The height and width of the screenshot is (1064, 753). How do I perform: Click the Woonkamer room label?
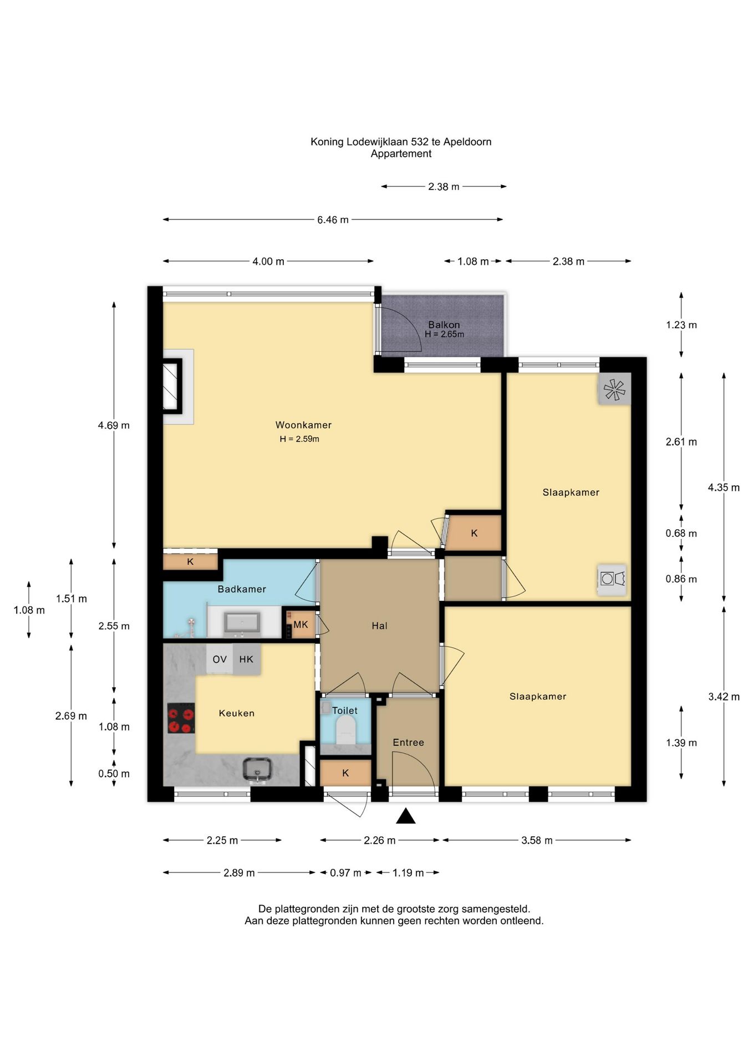pyautogui.click(x=303, y=425)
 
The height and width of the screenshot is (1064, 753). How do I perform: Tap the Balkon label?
pyautogui.click(x=444, y=325)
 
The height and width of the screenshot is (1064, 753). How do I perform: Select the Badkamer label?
pyautogui.click(x=242, y=589)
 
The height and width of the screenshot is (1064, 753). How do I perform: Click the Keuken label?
pyautogui.click(x=237, y=713)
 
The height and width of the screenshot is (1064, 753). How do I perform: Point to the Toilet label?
pyautogui.click(x=345, y=710)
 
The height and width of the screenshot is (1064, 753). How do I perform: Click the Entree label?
pyautogui.click(x=408, y=743)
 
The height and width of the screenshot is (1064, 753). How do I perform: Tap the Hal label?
pyautogui.click(x=379, y=626)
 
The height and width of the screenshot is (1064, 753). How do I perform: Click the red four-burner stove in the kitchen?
pyautogui.click(x=181, y=718)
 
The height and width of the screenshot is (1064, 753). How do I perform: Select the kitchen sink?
pyautogui.click(x=257, y=770)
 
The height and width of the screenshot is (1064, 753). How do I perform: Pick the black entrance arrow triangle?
pyautogui.click(x=406, y=816)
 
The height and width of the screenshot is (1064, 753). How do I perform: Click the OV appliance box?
pyautogui.click(x=220, y=659)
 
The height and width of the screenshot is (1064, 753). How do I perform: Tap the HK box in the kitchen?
pyautogui.click(x=246, y=659)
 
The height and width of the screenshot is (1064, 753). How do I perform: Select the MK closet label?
pyautogui.click(x=301, y=625)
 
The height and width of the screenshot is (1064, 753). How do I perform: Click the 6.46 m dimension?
pyautogui.click(x=333, y=220)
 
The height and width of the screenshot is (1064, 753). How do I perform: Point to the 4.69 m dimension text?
pyautogui.click(x=114, y=426)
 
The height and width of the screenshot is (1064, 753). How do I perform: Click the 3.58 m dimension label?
pyautogui.click(x=537, y=840)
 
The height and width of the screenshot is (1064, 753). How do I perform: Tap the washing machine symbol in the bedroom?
pyautogui.click(x=612, y=580)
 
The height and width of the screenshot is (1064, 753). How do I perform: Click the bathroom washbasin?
pyautogui.click(x=242, y=623)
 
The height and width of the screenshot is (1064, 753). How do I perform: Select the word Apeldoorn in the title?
pyautogui.click(x=467, y=142)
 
